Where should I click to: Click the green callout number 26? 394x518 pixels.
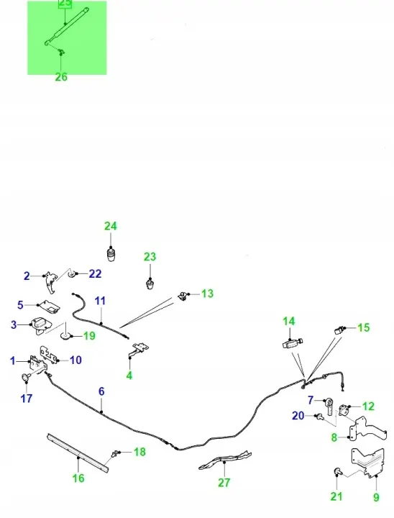coord(61,77)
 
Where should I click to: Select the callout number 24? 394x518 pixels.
coord(111,226)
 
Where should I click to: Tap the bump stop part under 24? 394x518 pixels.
coord(111,255)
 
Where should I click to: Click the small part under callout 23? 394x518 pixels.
coord(150,283)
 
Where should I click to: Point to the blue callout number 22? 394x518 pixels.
coord(95,274)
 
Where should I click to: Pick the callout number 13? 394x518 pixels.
coord(207,294)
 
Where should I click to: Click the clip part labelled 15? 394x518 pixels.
coord(340,330)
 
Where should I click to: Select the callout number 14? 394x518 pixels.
coord(288,322)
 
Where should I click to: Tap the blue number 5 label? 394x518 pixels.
coord(20,304)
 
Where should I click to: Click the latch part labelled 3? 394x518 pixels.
coord(40,325)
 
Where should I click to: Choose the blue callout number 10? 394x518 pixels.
coord(75,360)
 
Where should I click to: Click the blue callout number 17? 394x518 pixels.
coord(27,399)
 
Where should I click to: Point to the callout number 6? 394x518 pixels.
coord(101,391)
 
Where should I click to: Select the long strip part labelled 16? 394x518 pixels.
coord(78,453)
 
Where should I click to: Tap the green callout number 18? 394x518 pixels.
coord(139,452)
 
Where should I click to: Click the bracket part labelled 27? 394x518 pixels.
coord(225,459)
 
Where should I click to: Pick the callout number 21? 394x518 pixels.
coord(336,496)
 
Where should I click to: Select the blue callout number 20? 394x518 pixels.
coord(298,416)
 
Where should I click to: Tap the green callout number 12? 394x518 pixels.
coord(369,406)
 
